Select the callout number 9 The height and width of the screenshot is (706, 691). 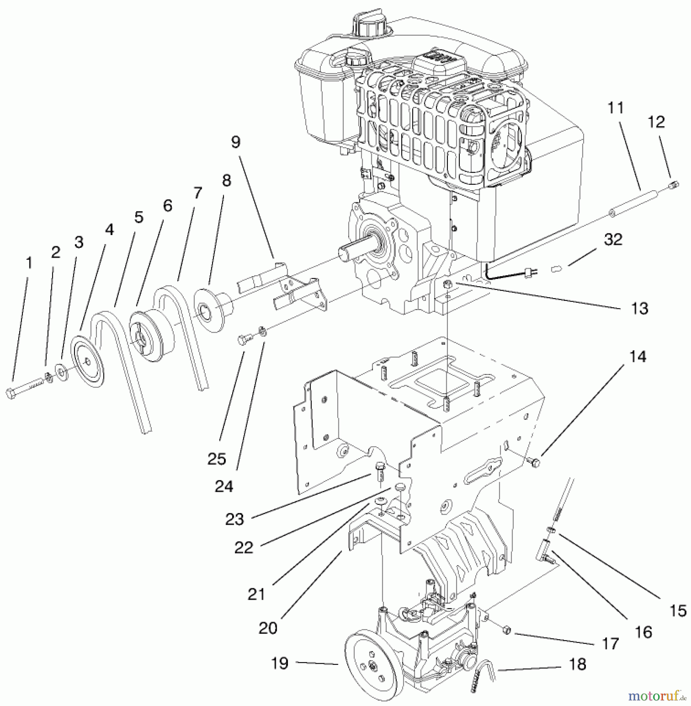click(235, 142)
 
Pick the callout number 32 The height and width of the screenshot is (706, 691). click(613, 239)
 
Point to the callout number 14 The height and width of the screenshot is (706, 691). click(638, 357)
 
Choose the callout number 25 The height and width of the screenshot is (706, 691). click(217, 459)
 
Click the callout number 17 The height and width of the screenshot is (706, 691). click(610, 644)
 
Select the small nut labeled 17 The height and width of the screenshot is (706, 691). click(507, 631)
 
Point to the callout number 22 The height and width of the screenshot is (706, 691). click(244, 548)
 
